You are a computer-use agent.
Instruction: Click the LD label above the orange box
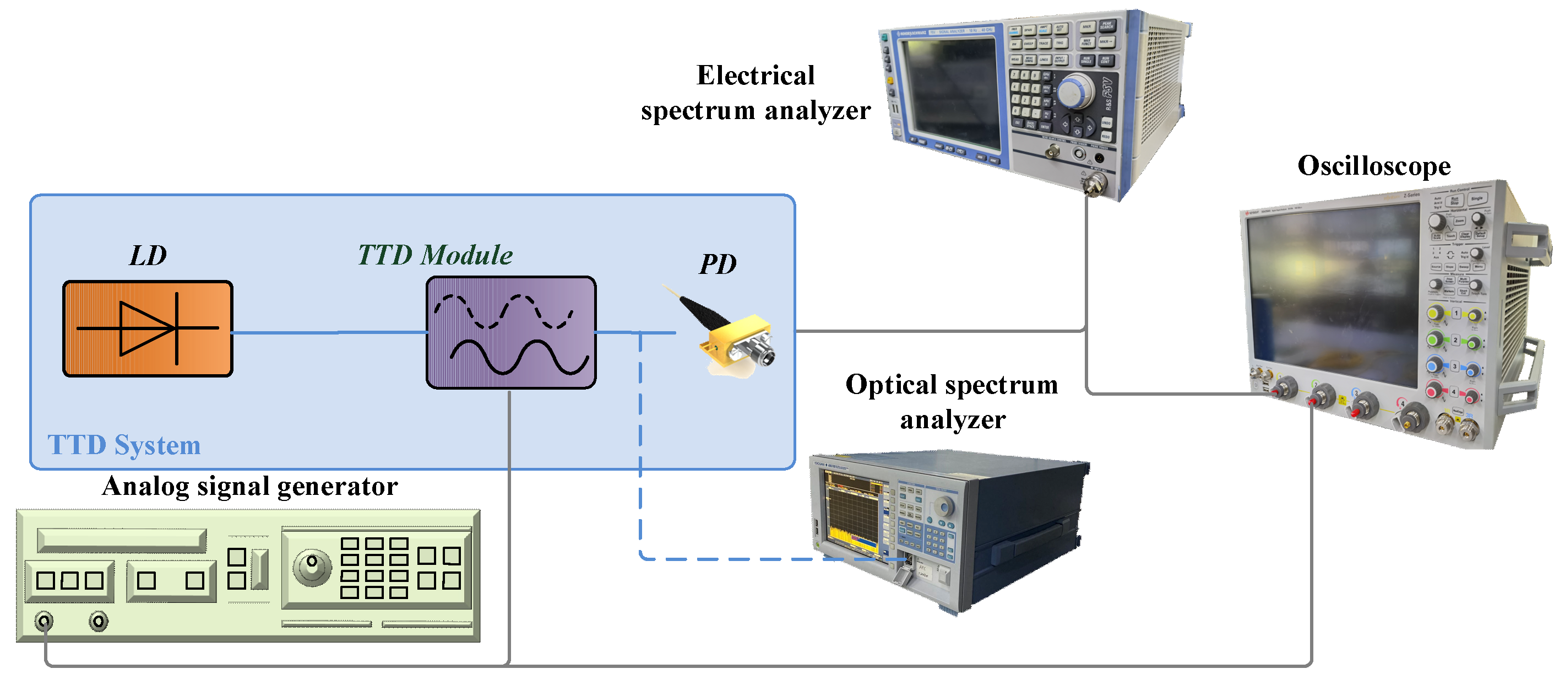click(148, 256)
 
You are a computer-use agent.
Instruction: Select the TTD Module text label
click(435, 255)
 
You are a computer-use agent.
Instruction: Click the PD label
click(718, 265)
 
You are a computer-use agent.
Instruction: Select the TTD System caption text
click(124, 445)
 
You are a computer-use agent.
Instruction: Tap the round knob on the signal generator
click(312, 567)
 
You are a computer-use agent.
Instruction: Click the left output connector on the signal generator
click(44, 621)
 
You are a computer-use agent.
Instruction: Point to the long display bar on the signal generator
click(122, 540)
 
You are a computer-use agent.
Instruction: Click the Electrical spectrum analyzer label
click(755, 93)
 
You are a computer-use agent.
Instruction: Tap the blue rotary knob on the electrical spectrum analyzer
click(1076, 91)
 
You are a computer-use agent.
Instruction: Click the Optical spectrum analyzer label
click(952, 402)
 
